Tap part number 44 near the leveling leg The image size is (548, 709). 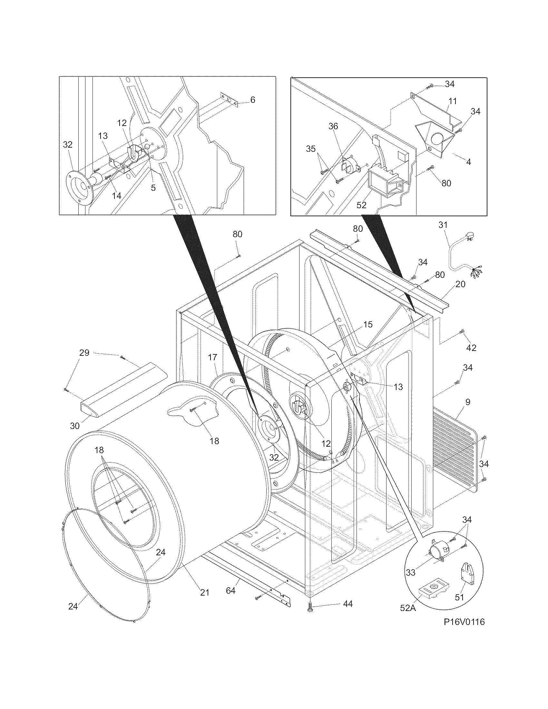[348, 604]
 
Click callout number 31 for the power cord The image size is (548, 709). [443, 225]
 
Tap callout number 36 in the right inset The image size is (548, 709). [333, 126]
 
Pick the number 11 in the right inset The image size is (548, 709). [453, 101]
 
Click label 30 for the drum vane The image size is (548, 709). [75, 426]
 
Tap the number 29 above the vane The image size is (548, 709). [84, 353]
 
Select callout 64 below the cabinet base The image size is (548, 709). [230, 590]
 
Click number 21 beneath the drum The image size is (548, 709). [204, 592]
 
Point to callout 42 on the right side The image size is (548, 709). [471, 348]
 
